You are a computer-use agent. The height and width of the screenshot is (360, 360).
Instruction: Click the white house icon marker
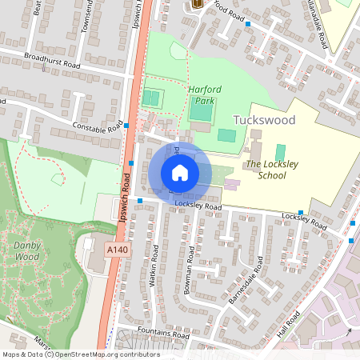(x=180, y=172)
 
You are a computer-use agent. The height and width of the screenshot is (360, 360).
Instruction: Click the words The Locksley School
(x=266, y=170)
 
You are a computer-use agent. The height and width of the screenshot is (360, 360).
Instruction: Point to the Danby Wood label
(x=26, y=251)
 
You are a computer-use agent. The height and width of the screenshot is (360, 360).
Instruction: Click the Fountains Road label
(x=162, y=335)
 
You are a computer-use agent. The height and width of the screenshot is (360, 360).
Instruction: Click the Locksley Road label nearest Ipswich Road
(x=198, y=206)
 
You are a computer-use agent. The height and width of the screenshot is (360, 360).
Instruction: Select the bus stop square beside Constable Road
(x=126, y=126)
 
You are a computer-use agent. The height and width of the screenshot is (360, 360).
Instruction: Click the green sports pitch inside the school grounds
(x=280, y=151)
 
